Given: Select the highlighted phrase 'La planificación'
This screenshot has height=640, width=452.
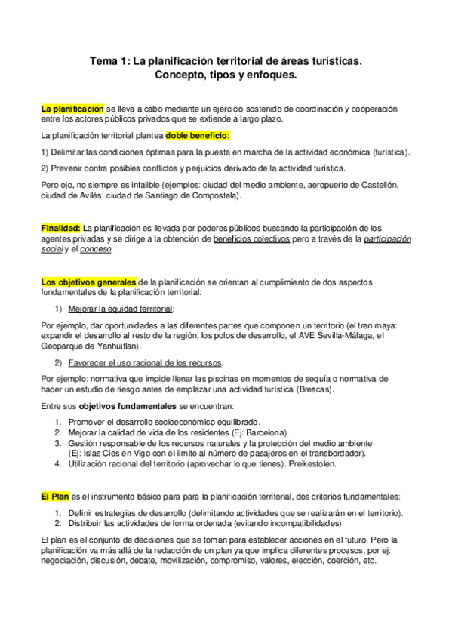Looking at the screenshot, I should [x=72, y=109].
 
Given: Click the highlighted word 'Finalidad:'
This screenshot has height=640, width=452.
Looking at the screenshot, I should [x=60, y=228].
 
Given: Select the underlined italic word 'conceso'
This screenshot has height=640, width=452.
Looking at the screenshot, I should [x=96, y=249].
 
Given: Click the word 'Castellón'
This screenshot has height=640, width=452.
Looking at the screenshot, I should [x=389, y=184].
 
